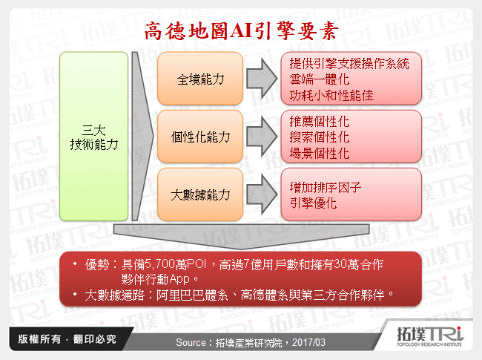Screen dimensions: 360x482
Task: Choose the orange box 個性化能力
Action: (200, 137)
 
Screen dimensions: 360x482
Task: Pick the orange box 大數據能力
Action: (200, 194)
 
